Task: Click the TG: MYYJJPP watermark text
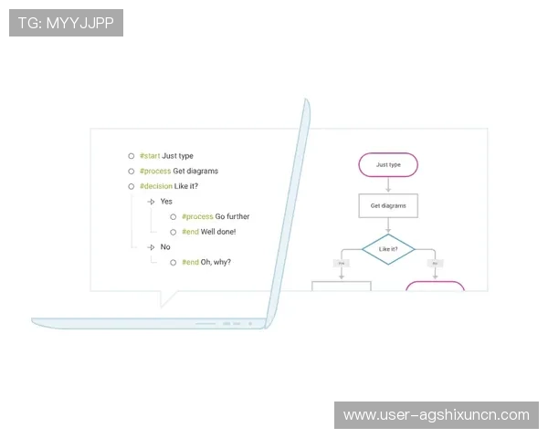click(66, 23)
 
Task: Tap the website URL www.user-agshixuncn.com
click(436, 415)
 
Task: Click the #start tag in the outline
click(150, 156)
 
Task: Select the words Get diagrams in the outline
click(195, 172)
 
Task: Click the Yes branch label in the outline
click(166, 202)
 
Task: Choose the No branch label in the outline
click(165, 247)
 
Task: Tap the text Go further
click(232, 217)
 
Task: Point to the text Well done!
click(218, 232)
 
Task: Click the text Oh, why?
click(216, 263)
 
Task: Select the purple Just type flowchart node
click(388, 165)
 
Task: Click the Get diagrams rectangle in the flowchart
click(388, 206)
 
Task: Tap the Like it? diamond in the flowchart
click(388, 248)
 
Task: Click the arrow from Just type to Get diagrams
click(388, 185)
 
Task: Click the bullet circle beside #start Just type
click(132, 156)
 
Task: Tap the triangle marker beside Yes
click(152, 202)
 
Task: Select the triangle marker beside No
click(152, 247)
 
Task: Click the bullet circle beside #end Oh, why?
click(173, 263)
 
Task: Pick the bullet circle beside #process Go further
click(173, 217)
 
